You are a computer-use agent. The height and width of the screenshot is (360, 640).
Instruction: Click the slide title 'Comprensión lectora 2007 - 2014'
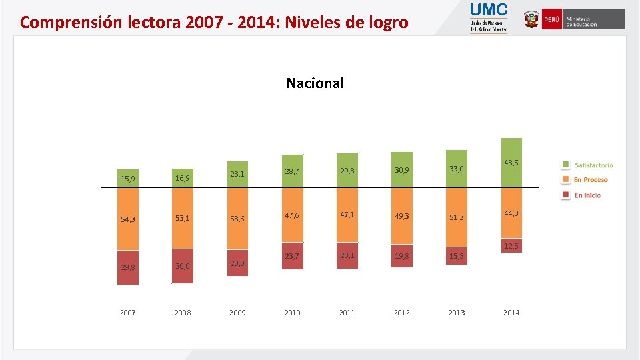213,23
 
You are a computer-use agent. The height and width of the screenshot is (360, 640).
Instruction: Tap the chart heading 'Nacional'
315,83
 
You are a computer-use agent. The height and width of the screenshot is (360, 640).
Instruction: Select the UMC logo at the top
489,18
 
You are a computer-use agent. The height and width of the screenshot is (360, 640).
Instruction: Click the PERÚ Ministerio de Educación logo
574,19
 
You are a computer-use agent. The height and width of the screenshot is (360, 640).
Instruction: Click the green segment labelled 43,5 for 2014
511,163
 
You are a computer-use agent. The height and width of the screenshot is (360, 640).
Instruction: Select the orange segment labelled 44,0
511,213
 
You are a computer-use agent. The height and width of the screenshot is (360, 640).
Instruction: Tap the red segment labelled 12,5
511,246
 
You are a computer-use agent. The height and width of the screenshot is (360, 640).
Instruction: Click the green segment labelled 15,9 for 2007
127,179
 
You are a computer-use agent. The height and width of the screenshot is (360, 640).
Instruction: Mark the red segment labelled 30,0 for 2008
182,266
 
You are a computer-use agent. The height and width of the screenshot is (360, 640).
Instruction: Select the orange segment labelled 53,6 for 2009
237,219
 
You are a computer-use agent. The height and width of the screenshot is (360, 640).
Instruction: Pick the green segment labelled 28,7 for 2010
292,173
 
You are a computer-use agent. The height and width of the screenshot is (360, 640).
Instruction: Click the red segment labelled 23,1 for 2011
347,255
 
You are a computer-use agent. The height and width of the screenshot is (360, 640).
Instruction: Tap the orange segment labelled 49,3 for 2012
401,216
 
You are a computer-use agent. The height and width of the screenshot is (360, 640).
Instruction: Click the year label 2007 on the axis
127,313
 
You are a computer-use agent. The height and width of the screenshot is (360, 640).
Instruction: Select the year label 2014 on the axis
511,313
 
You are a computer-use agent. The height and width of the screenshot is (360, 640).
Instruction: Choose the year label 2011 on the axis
347,313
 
